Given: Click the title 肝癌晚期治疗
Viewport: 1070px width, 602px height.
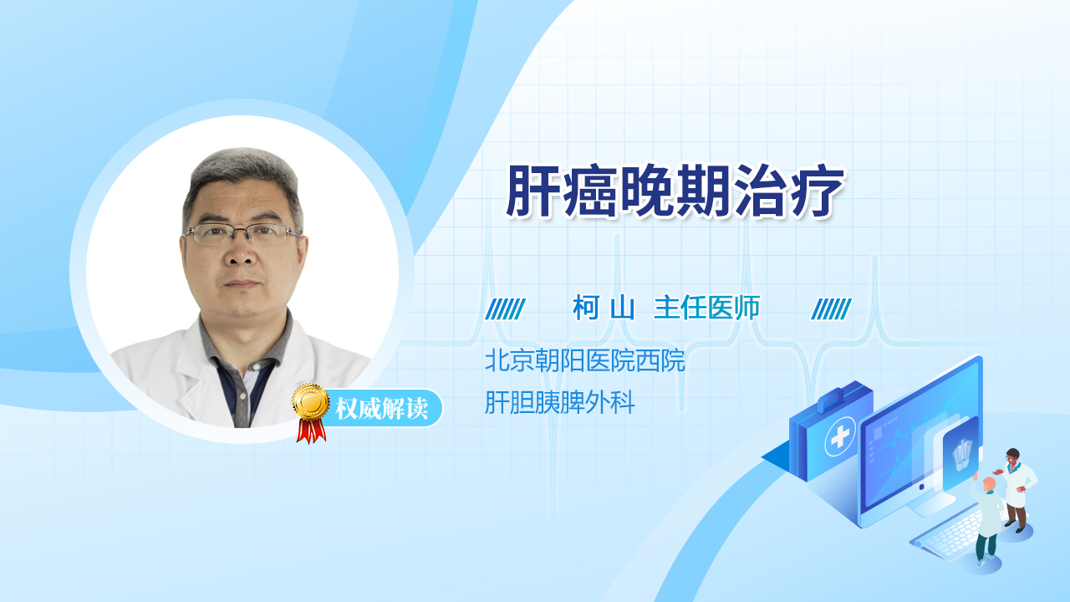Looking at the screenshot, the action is pyautogui.click(x=675, y=191).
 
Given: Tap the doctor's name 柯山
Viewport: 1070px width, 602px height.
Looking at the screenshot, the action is pyautogui.click(x=604, y=308).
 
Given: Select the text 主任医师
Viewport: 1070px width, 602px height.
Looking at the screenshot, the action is pyautogui.click(x=706, y=308).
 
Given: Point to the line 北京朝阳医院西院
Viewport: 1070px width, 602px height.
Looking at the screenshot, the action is pyautogui.click(x=584, y=360).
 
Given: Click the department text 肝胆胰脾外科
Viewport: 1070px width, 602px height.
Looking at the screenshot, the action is pyautogui.click(x=560, y=402).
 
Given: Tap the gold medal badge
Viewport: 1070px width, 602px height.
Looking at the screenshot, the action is pyautogui.click(x=311, y=402).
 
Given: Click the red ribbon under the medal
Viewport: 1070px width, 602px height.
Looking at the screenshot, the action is pyautogui.click(x=311, y=431).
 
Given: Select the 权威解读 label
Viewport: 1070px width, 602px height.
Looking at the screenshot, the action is pyautogui.click(x=382, y=409).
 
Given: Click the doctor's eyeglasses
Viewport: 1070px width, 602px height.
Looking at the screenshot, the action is pyautogui.click(x=242, y=233).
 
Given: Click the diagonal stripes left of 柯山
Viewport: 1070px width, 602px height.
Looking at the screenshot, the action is pyautogui.click(x=506, y=309).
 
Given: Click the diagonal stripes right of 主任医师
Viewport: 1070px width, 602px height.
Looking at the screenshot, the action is pyautogui.click(x=831, y=309).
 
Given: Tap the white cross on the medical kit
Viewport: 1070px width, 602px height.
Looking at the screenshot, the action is pyautogui.click(x=839, y=436).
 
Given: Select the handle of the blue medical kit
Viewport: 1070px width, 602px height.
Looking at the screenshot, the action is pyautogui.click(x=837, y=399).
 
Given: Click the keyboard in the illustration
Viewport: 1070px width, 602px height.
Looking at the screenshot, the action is pyautogui.click(x=948, y=536).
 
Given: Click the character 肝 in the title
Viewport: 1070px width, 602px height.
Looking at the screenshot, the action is pyautogui.click(x=532, y=191).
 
